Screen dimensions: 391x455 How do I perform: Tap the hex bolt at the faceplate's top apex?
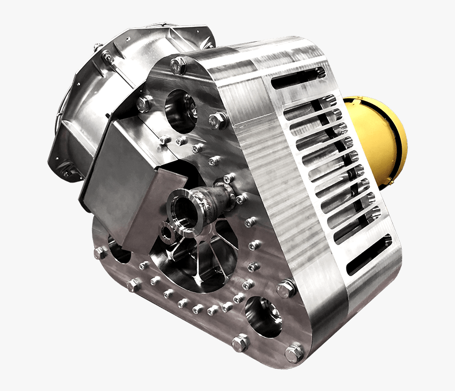click(178, 65)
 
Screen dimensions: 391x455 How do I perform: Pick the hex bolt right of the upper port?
click(217, 121)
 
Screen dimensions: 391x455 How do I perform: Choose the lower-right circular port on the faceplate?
click(263, 316)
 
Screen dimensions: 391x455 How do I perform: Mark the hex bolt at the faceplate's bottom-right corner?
click(294, 352)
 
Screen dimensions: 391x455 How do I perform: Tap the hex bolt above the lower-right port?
click(286, 288)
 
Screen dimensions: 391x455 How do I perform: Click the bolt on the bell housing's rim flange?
click(107, 56)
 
